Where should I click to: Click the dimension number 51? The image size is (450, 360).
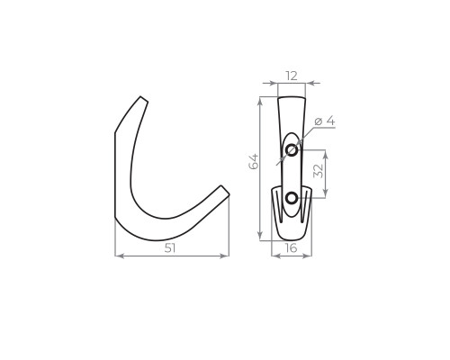click(x=169, y=248)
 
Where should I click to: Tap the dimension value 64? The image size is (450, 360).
click(x=254, y=162)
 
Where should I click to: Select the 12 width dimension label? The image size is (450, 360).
click(x=292, y=76)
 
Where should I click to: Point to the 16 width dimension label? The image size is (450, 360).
click(x=291, y=247)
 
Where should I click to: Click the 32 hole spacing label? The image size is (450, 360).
click(x=319, y=170)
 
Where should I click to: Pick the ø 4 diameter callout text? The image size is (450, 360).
click(x=325, y=121)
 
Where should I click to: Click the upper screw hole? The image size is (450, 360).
click(x=292, y=149)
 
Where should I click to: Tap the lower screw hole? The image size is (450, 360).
click(x=292, y=198)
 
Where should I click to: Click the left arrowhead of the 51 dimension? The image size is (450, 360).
click(x=120, y=256)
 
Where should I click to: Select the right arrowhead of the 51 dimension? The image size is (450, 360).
click(x=225, y=256)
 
